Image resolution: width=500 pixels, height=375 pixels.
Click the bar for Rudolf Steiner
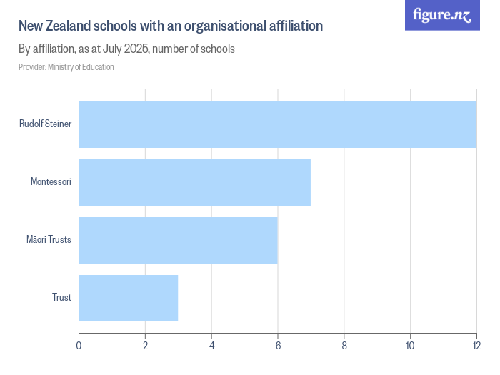tap(277, 124)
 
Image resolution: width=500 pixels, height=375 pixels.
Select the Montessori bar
tap(194, 182)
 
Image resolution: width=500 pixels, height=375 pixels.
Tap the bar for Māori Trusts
tap(178, 240)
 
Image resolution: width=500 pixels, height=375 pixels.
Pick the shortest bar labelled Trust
tap(128, 298)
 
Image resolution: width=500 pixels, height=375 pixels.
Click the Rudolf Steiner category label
tap(45, 124)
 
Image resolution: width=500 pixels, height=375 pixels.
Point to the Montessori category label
tap(51, 182)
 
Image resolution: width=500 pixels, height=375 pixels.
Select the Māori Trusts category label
tap(49, 240)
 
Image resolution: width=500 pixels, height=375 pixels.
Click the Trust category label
tap(61, 298)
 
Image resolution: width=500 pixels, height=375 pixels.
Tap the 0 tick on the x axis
tap(79, 346)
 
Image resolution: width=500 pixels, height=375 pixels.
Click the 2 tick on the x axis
tap(145, 346)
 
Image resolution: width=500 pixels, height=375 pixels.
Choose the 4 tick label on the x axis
tap(211, 346)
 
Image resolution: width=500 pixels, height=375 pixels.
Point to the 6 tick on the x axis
tap(278, 346)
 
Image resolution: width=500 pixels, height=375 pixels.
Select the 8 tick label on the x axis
tap(344, 346)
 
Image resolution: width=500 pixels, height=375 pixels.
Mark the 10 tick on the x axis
tap(410, 346)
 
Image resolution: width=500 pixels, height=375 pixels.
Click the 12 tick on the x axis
tap(476, 346)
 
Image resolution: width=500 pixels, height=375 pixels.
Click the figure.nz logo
tap(442, 15)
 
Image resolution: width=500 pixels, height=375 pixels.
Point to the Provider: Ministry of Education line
tap(66, 67)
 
